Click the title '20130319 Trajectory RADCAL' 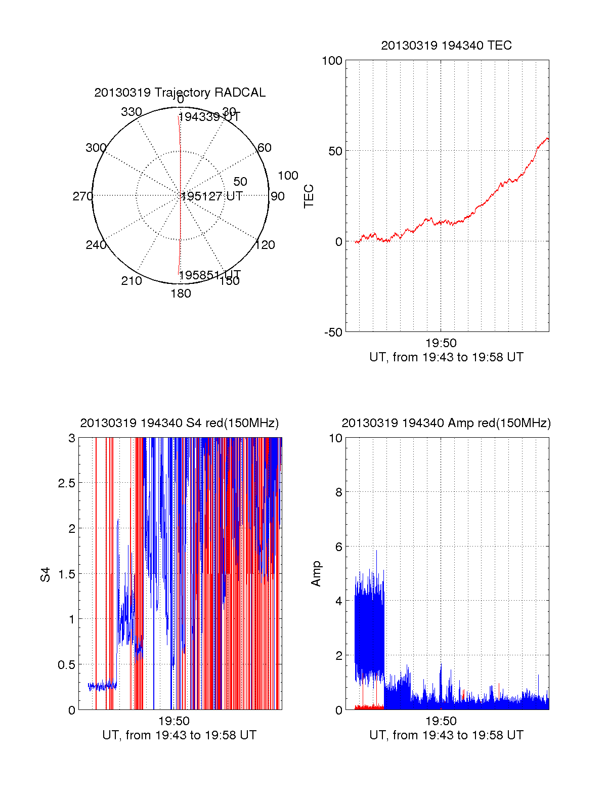(x=180, y=93)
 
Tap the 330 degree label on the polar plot (x=132, y=112)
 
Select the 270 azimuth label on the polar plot (x=82, y=196)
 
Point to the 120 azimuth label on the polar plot (x=265, y=245)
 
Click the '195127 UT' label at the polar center (x=212, y=196)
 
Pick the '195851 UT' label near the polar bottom (x=209, y=275)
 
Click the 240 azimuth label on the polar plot (x=96, y=245)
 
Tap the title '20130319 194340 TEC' (x=446, y=46)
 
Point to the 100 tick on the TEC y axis (x=332, y=61)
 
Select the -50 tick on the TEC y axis (x=333, y=332)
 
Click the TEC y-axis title (x=309, y=196)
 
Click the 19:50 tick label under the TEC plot (x=441, y=344)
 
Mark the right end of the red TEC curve (x=547, y=138)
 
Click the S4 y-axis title (x=46, y=575)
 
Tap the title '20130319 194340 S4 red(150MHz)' (x=180, y=423)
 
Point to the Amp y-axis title (x=316, y=574)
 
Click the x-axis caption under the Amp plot (x=446, y=735)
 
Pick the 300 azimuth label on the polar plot (x=96, y=148)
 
